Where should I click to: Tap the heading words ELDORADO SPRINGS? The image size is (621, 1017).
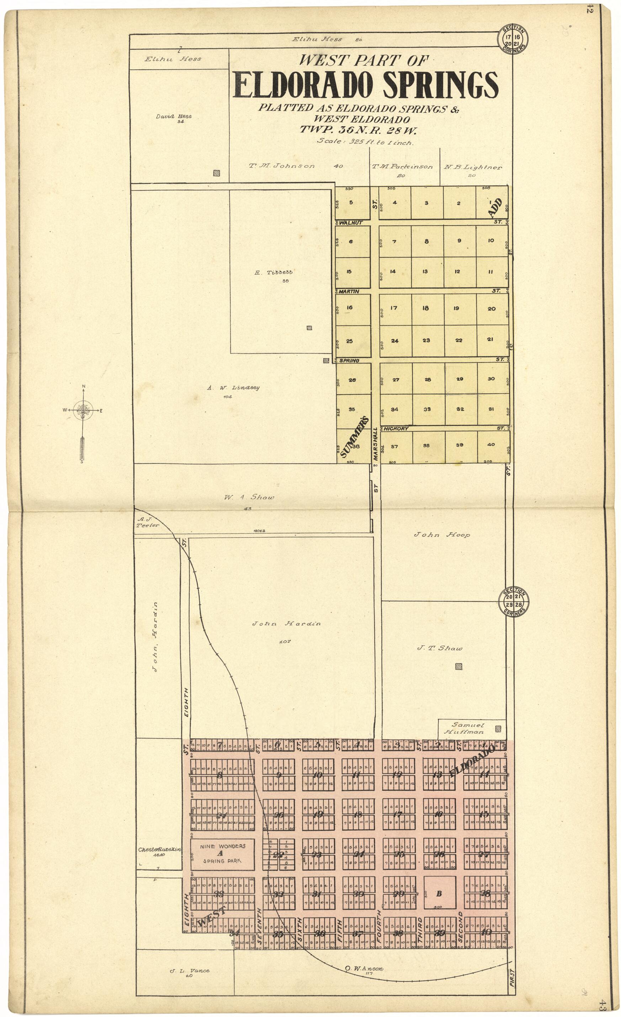point(366,85)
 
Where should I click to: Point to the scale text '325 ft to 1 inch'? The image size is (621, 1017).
point(365,141)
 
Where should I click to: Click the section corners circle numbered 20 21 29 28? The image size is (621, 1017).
point(514,602)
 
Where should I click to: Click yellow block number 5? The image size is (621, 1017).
point(351,203)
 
